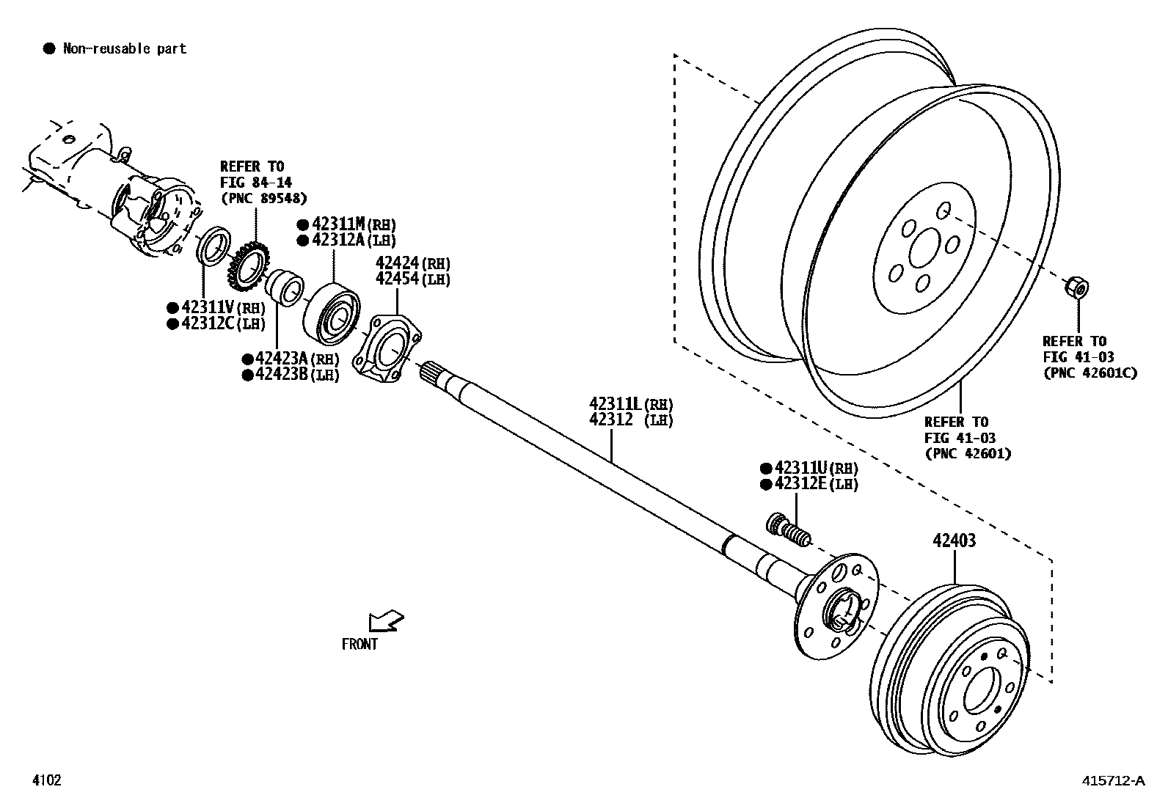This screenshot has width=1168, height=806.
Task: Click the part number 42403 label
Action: click(955, 541)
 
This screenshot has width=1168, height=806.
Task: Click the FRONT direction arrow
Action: click(387, 622)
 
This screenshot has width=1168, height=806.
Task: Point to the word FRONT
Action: click(359, 644)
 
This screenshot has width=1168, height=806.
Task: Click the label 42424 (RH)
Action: click(412, 263)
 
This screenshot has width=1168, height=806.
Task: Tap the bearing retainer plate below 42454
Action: click(387, 348)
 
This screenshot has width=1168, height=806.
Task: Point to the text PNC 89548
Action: click(263, 198)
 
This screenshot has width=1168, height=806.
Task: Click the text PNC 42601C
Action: click(1089, 373)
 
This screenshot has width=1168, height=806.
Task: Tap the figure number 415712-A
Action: click(1113, 781)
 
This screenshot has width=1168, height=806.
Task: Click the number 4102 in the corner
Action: click(45, 780)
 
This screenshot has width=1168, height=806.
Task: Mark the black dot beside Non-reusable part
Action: click(49, 49)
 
